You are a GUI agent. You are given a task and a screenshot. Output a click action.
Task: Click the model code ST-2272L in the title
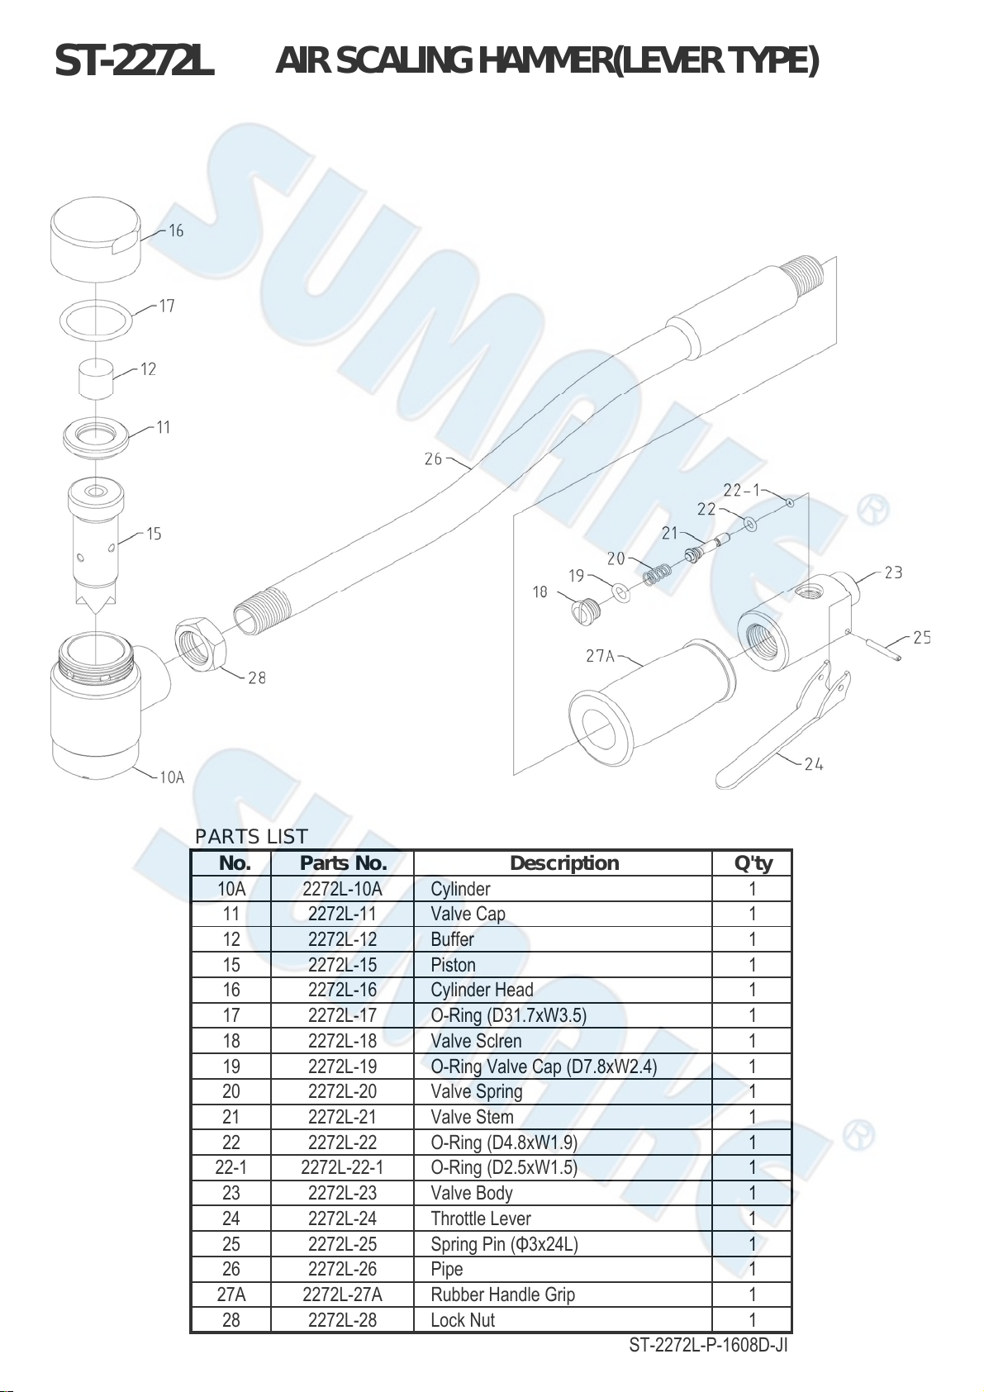135,62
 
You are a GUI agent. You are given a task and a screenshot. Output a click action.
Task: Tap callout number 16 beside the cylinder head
176,231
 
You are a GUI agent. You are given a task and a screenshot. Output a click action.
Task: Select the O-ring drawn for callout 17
97,321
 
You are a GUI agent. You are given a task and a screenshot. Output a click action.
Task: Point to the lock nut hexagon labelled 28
200,644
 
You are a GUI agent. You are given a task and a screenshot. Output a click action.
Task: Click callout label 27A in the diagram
600,656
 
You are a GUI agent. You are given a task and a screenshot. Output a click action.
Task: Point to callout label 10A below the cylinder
172,777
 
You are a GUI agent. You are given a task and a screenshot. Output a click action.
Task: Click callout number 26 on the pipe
433,459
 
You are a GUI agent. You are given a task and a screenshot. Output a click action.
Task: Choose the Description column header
563,863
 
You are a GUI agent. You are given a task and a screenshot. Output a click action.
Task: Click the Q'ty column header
753,863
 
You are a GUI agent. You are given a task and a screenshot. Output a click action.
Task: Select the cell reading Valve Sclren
476,1041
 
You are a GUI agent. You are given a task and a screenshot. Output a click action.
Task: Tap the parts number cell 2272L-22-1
342,1167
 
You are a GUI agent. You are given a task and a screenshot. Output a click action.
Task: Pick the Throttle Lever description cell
481,1219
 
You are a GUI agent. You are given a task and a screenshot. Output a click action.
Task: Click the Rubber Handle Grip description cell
502,1295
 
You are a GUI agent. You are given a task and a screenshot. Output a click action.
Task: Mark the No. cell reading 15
231,965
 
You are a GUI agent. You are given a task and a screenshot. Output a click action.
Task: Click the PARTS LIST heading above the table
251,837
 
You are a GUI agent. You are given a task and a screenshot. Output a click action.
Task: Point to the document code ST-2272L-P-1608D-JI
708,1346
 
